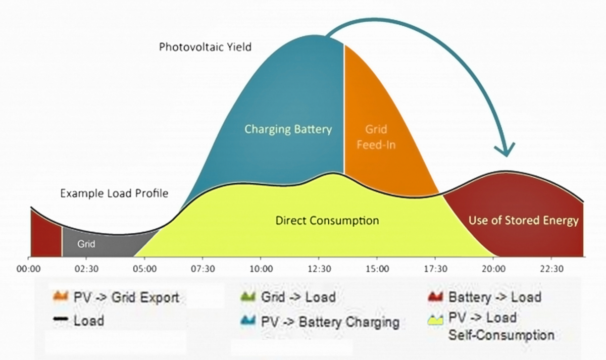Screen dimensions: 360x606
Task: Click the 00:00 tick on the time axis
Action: pos(28,268)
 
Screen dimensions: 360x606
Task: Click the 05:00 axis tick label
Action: pos(145,268)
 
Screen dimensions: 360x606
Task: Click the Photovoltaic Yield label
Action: pos(205,47)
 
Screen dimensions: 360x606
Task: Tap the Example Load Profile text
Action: pos(114,193)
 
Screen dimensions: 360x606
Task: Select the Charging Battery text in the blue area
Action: pos(288,129)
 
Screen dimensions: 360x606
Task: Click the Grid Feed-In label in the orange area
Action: pos(376,137)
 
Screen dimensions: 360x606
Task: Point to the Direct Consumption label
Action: pos(327,221)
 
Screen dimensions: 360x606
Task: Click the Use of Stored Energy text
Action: pos(523,221)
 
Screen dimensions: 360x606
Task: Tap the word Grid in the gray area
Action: pos(86,243)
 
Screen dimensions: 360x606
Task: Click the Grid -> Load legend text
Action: pos(298,296)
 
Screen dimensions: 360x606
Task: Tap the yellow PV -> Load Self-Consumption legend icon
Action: pos(435,320)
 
